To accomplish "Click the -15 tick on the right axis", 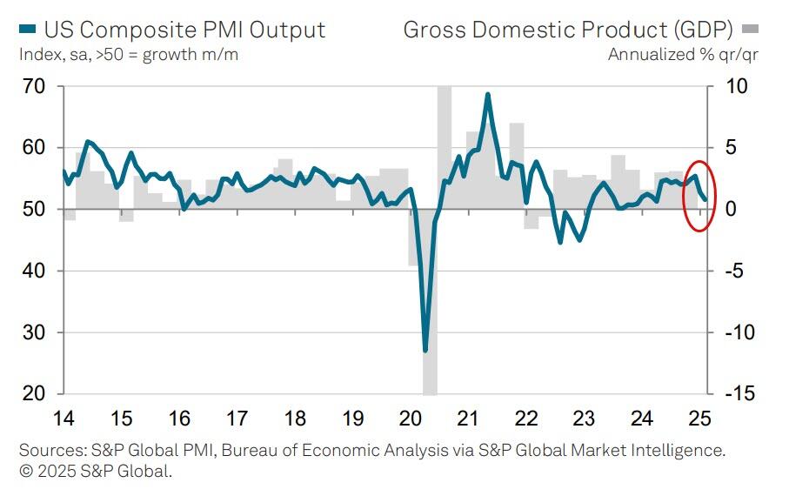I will (x=732, y=393).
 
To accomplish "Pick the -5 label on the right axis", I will (x=729, y=271).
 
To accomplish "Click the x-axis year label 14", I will (x=64, y=419).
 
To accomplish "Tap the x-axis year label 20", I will (x=410, y=419).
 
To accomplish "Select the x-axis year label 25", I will (x=699, y=419).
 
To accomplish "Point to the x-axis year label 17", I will (x=237, y=419).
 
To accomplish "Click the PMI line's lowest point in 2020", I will (x=425, y=351).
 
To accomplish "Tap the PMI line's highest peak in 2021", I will (x=488, y=94).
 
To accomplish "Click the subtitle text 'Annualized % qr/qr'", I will (x=684, y=55).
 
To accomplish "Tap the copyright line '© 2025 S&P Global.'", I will (x=96, y=472).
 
